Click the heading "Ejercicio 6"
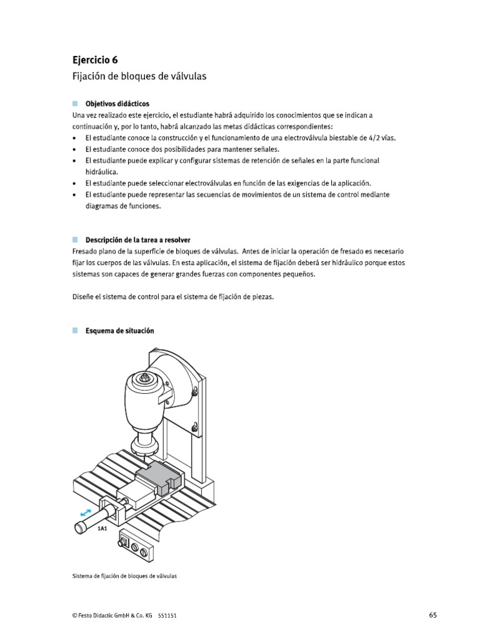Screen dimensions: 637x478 coord(95,60)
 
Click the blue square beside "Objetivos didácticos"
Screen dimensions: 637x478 coord(75,103)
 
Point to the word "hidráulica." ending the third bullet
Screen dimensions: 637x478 coord(101,171)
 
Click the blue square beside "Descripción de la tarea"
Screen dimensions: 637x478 coord(75,239)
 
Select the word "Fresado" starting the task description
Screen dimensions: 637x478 coord(85,251)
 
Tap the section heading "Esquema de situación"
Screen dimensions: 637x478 coord(119,331)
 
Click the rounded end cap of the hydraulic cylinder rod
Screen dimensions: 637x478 coord(80,528)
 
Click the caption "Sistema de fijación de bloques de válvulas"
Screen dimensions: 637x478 coord(124,577)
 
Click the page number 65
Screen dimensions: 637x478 coord(433,615)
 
